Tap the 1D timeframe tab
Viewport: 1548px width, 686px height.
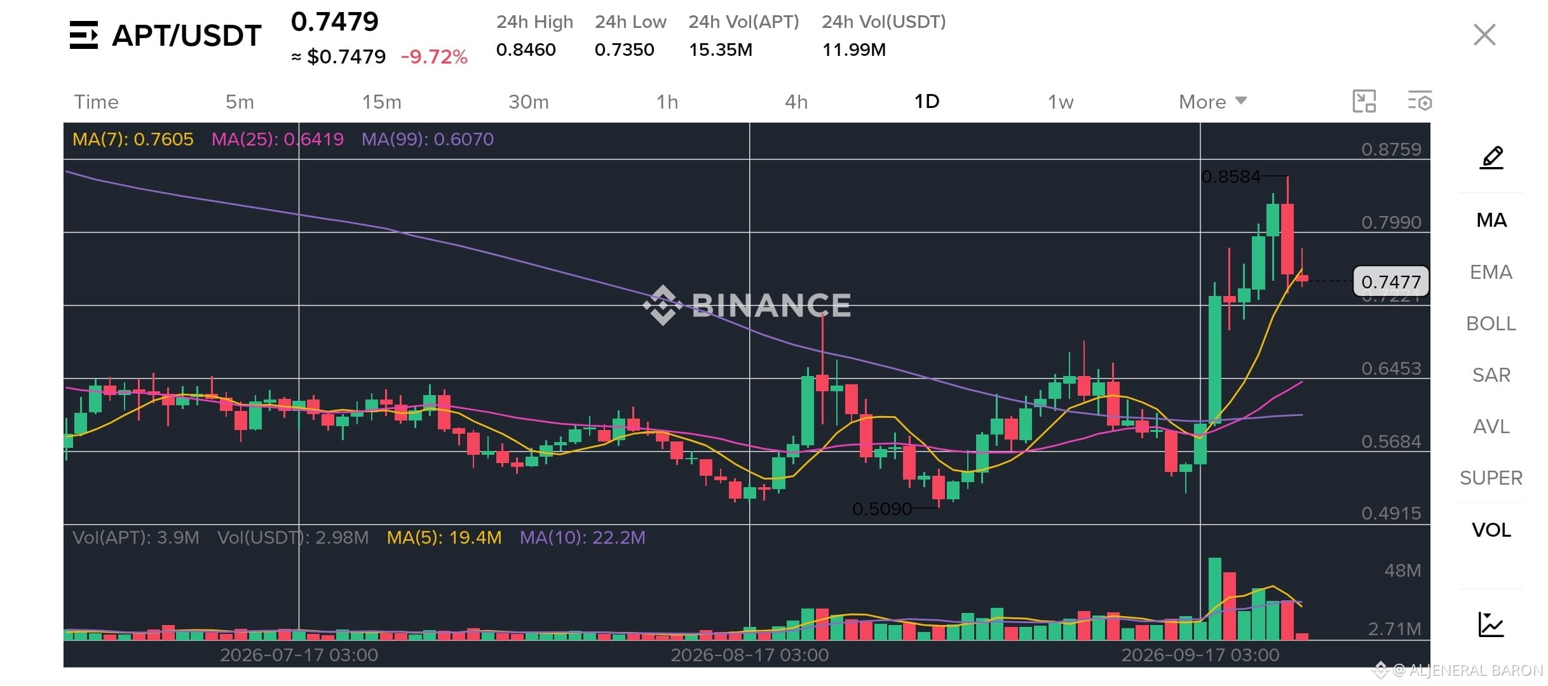click(x=927, y=102)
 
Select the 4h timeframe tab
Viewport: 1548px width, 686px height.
click(x=796, y=102)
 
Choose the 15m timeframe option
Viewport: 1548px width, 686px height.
click(x=381, y=102)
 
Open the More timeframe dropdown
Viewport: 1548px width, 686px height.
click(x=1212, y=102)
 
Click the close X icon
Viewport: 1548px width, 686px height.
click(x=1484, y=35)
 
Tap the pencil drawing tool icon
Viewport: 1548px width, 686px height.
click(x=1491, y=158)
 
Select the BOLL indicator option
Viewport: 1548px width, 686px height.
click(x=1491, y=323)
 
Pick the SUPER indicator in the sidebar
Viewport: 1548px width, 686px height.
click(x=1491, y=478)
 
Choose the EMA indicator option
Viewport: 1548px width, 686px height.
click(x=1491, y=272)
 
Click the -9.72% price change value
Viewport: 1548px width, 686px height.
click(x=434, y=57)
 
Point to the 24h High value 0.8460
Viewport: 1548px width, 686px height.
click(x=526, y=50)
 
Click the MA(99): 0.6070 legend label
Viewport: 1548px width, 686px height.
click(x=428, y=139)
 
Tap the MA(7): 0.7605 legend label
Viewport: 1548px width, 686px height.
click(x=133, y=139)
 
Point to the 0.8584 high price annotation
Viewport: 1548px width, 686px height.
click(x=1231, y=177)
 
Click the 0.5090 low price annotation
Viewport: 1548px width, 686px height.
click(x=882, y=509)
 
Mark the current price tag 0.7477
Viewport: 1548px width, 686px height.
click(x=1391, y=281)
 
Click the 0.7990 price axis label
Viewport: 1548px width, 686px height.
click(x=1391, y=222)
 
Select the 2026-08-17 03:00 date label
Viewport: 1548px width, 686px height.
click(x=750, y=655)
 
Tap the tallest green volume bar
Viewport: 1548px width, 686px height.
click(x=1215, y=598)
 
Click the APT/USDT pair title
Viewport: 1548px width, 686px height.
click(x=187, y=36)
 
